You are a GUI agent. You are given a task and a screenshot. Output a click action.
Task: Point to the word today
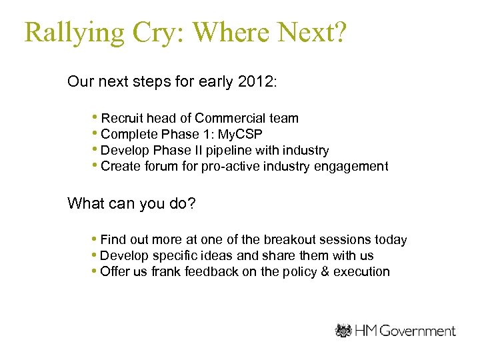[x=391, y=240]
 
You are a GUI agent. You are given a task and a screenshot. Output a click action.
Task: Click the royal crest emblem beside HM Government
[x=343, y=331]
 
